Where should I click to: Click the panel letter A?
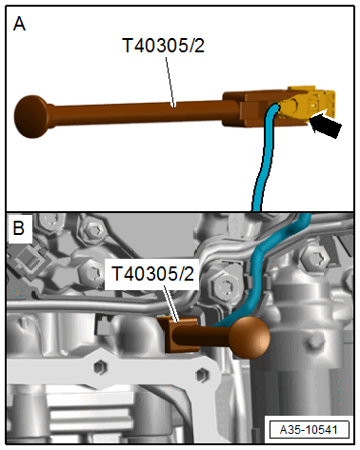click(19, 25)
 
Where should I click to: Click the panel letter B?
click(19, 230)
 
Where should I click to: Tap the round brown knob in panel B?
click(249, 337)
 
